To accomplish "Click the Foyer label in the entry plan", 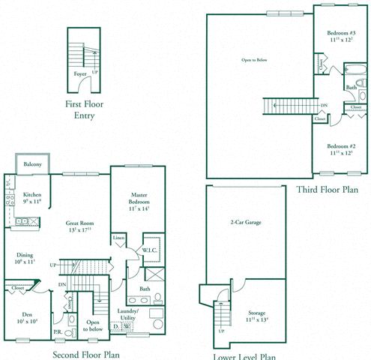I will click(79, 74).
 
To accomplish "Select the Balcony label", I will click(31, 163).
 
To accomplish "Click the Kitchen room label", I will click(31, 195).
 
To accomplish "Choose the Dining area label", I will click(25, 255).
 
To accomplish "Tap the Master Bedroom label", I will click(138, 198).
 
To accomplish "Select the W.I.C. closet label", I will click(148, 250).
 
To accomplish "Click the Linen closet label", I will click(118, 238).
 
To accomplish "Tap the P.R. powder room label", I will click(57, 331).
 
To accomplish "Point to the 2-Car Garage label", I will click(245, 223).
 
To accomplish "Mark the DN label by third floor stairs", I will click(323, 106).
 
